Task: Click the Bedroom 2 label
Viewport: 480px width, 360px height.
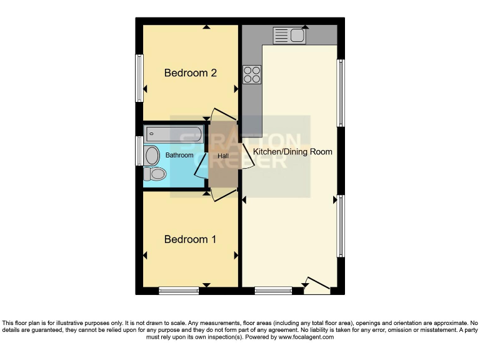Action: click(190, 73)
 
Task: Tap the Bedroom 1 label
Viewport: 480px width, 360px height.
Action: click(190, 239)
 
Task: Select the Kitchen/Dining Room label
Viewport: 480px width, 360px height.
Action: click(293, 152)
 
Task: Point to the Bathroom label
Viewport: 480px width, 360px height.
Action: click(179, 155)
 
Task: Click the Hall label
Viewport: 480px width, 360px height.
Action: click(223, 156)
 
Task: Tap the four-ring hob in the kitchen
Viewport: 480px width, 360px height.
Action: click(252, 74)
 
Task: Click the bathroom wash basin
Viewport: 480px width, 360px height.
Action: click(152, 155)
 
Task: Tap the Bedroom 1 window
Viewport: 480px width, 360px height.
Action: click(179, 290)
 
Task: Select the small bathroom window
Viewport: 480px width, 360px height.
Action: click(139, 151)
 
